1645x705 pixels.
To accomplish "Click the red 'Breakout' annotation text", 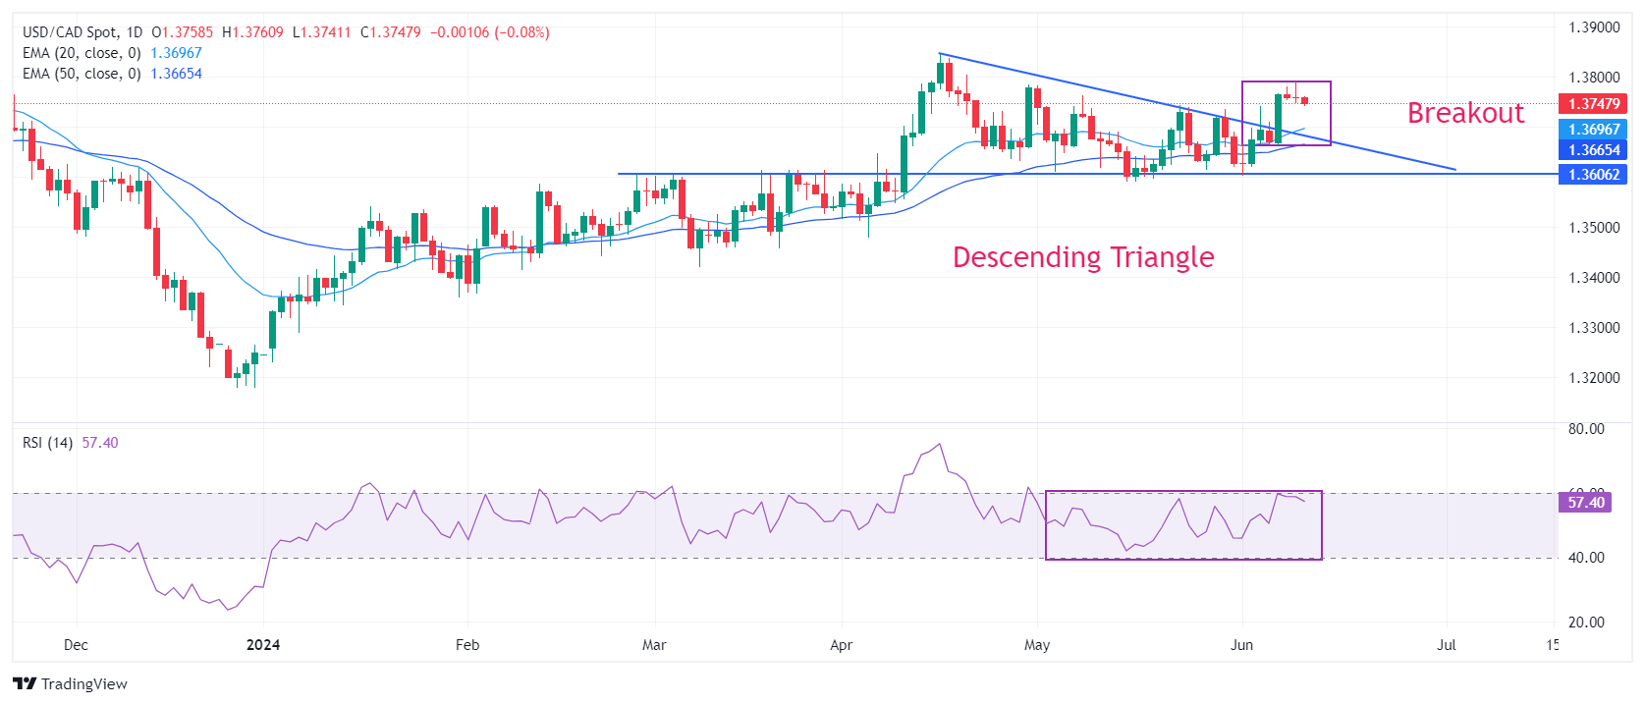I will pyautogui.click(x=1465, y=113).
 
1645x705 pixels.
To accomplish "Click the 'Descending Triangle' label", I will pyautogui.click(x=1083, y=257).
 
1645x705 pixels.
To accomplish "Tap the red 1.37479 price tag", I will pyautogui.click(x=1593, y=104).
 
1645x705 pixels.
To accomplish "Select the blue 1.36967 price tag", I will pyautogui.click(x=1593, y=130).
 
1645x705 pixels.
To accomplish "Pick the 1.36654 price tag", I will pyautogui.click(x=1593, y=150).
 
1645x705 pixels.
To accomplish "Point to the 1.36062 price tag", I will pyautogui.click(x=1593, y=175).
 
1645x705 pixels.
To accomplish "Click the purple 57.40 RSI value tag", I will pyautogui.click(x=1585, y=503).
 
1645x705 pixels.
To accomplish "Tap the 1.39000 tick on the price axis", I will pyautogui.click(x=1594, y=27).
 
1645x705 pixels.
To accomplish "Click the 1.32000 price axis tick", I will pyautogui.click(x=1594, y=378).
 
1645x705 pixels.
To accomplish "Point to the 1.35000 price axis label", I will pyautogui.click(x=1594, y=228).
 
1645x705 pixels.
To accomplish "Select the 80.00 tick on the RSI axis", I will pyautogui.click(x=1586, y=429).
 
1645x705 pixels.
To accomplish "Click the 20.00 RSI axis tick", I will pyautogui.click(x=1586, y=623).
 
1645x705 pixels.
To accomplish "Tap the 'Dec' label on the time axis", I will pyautogui.click(x=76, y=645).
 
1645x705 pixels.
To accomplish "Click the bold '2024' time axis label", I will pyautogui.click(x=263, y=645).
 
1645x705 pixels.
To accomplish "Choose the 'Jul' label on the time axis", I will pyautogui.click(x=1446, y=645).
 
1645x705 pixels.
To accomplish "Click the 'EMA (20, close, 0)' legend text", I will pyautogui.click(x=82, y=53).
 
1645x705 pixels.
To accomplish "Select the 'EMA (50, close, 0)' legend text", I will pyautogui.click(x=82, y=74).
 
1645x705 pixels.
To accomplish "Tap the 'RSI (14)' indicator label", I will pyautogui.click(x=47, y=443).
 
